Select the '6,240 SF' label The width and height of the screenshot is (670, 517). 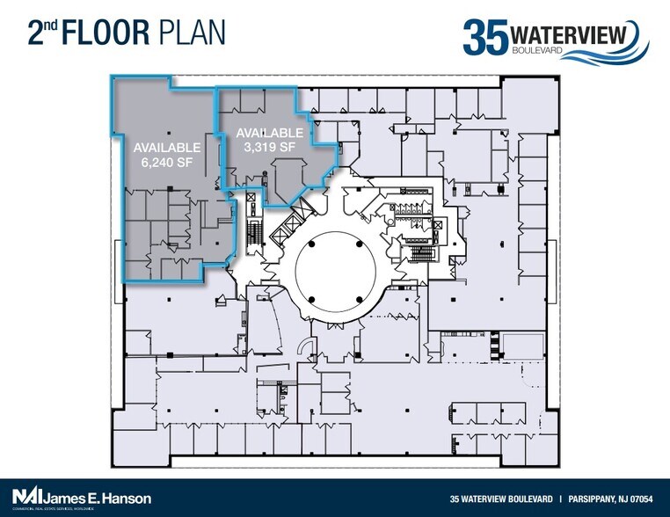coord(167,163)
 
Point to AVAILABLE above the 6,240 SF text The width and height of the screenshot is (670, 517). coord(167,147)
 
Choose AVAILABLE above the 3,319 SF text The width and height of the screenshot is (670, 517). coord(269,133)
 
